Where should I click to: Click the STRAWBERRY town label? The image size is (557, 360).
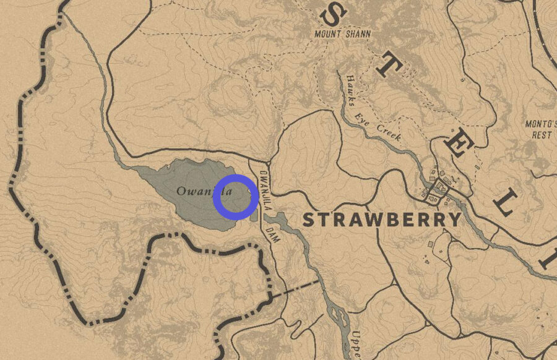click(382, 220)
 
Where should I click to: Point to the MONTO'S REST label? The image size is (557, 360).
click(538, 129)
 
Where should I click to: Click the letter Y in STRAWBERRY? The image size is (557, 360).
click(455, 220)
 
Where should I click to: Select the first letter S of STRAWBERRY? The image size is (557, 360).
click(308, 220)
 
